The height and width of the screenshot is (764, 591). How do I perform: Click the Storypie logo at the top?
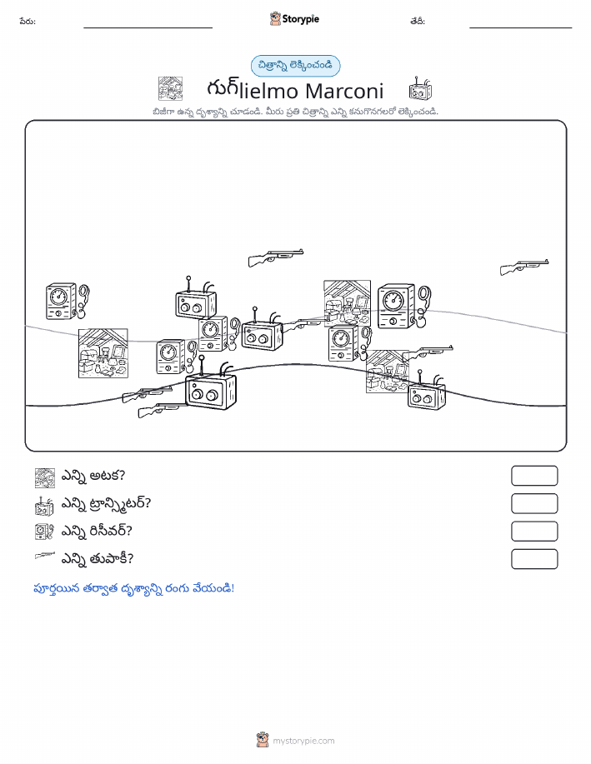[x=294, y=19]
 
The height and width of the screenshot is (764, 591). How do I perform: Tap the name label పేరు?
[x=28, y=22]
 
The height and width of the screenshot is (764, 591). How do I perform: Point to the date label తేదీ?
[x=418, y=22]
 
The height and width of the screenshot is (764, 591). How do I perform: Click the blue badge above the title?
[x=295, y=66]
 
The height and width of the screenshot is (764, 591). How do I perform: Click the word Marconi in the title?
[x=345, y=91]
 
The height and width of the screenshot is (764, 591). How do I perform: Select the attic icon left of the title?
[x=170, y=88]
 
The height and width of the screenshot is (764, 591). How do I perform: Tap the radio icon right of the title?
[x=420, y=88]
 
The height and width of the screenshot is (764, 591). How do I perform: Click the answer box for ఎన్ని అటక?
[x=534, y=476]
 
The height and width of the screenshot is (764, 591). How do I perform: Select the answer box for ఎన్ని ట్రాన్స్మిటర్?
[x=534, y=504]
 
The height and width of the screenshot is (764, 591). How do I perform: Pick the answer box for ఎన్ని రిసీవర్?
[x=534, y=532]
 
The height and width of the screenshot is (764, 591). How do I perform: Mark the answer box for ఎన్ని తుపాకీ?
[x=534, y=559]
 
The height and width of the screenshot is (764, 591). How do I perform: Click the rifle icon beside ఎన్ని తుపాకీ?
[x=45, y=556]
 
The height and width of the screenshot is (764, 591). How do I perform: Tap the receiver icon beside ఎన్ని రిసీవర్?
[x=44, y=532]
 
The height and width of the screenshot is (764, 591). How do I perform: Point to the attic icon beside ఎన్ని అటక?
[x=45, y=478]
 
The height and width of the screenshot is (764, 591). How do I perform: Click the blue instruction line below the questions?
[x=133, y=588]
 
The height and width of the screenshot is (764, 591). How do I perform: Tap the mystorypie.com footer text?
[x=303, y=742]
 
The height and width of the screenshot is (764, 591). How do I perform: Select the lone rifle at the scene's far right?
[x=524, y=267]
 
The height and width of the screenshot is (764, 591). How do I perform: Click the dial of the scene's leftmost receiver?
[x=58, y=296]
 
